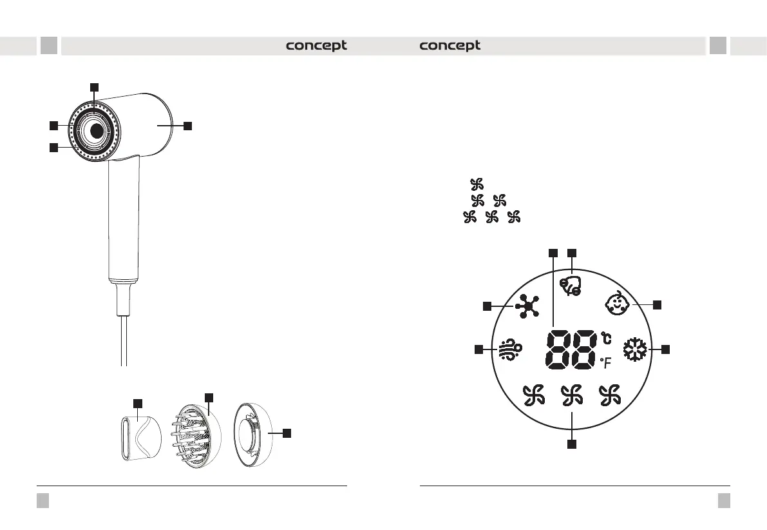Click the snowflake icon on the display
(635, 349)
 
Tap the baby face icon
(617, 303)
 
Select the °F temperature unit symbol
(606, 363)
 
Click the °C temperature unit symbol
(606, 339)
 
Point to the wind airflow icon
(510, 350)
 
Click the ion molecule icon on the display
(527, 306)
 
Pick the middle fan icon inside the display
(571, 396)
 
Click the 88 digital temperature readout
(571, 350)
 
